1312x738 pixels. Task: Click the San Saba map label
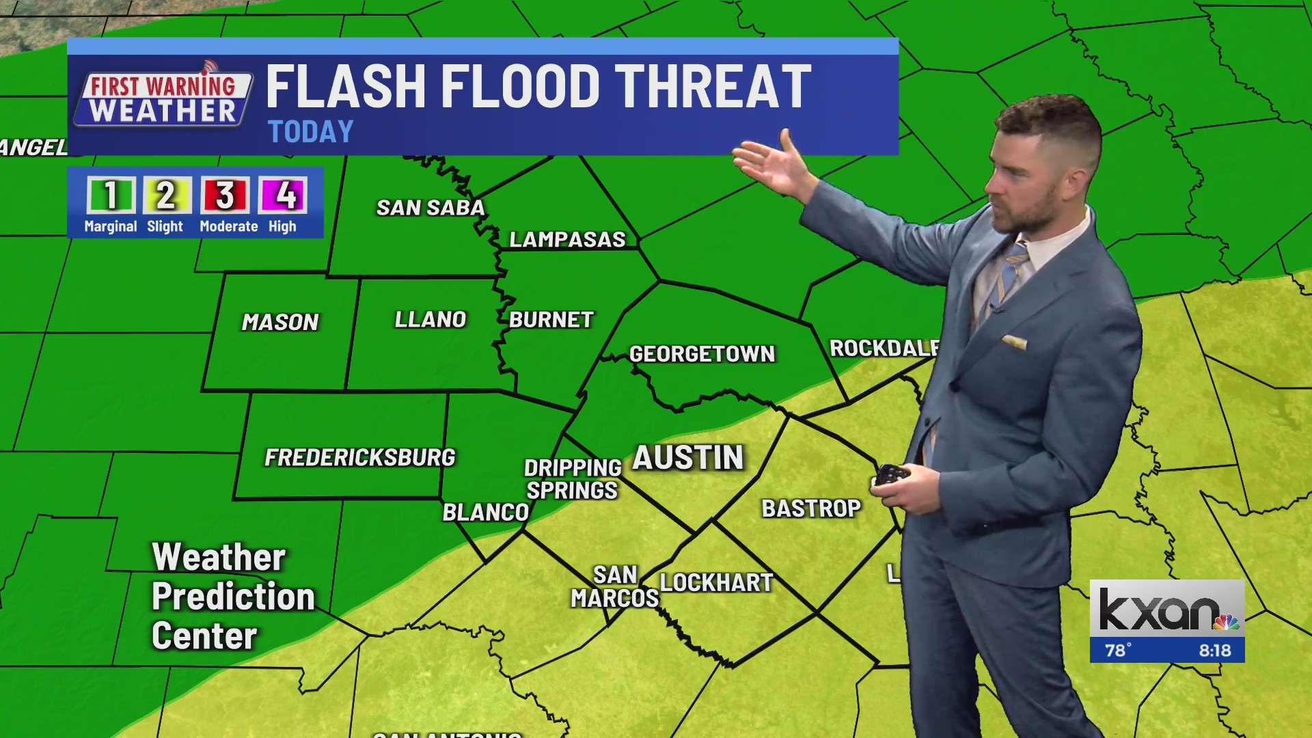click(x=430, y=208)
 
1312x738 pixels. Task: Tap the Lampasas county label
click(x=567, y=239)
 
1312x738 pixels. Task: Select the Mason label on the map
click(x=280, y=322)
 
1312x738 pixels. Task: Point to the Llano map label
click(x=430, y=319)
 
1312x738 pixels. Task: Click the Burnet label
click(x=551, y=320)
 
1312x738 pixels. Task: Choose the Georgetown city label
click(x=702, y=354)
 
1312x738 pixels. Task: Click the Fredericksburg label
click(x=359, y=457)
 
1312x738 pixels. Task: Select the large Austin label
click(x=688, y=458)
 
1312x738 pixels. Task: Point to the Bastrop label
click(x=811, y=508)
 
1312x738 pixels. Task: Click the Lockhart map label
click(x=716, y=583)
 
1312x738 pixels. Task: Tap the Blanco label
click(x=486, y=512)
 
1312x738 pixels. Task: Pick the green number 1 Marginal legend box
click(x=111, y=195)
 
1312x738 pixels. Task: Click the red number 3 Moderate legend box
click(x=225, y=195)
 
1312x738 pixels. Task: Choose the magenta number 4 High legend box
click(x=283, y=195)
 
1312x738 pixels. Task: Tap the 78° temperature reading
click(x=1118, y=651)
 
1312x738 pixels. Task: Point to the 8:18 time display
click(x=1215, y=651)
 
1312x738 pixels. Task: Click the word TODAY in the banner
click(x=311, y=132)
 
